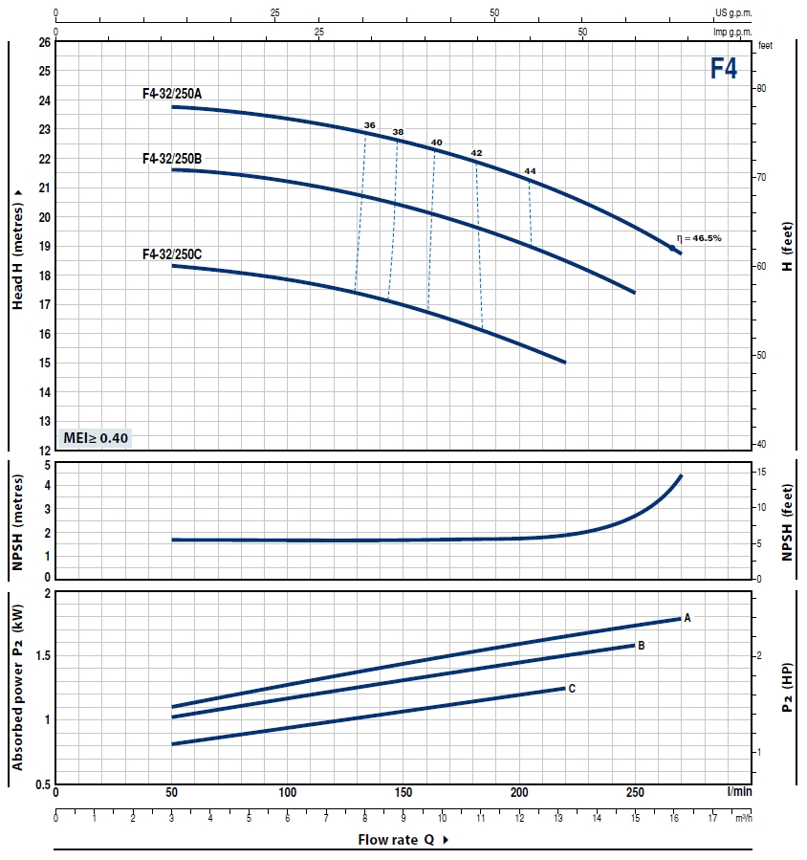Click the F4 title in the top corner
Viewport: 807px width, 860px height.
click(723, 68)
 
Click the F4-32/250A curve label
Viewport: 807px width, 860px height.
click(172, 93)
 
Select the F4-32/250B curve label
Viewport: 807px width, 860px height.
click(172, 158)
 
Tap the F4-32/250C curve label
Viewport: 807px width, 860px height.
click(172, 254)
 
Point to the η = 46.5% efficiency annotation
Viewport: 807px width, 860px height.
click(699, 237)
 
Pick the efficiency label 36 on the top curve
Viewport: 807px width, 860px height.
click(370, 125)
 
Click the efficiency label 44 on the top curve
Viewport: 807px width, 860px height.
click(530, 170)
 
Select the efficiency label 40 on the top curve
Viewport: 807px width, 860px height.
click(437, 143)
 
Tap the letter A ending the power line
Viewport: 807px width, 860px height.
click(687, 619)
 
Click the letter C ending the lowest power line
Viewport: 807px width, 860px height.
click(572, 688)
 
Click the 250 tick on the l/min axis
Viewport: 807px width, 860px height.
click(635, 793)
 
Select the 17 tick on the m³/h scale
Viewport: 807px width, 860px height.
click(712, 819)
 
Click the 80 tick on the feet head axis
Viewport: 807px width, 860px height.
click(762, 88)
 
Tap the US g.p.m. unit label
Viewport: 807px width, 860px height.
click(734, 12)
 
